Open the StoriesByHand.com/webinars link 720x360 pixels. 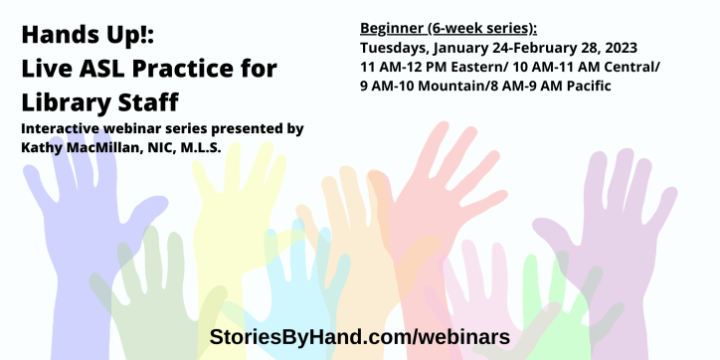pos(359,336)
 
